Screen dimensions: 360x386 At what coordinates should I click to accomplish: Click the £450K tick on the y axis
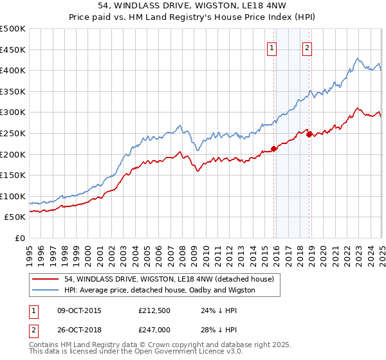(13, 50)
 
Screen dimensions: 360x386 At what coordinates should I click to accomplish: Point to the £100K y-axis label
(13, 196)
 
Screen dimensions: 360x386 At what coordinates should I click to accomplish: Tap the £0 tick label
(20, 239)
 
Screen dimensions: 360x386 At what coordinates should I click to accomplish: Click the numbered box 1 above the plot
(271, 48)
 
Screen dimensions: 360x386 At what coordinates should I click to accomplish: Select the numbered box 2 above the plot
(307, 48)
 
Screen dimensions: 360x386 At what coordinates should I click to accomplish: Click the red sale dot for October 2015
(273, 148)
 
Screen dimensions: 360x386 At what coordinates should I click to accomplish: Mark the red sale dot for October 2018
(309, 134)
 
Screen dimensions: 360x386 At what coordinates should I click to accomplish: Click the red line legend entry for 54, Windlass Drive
(169, 279)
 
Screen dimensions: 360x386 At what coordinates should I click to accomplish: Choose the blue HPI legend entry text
(160, 290)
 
